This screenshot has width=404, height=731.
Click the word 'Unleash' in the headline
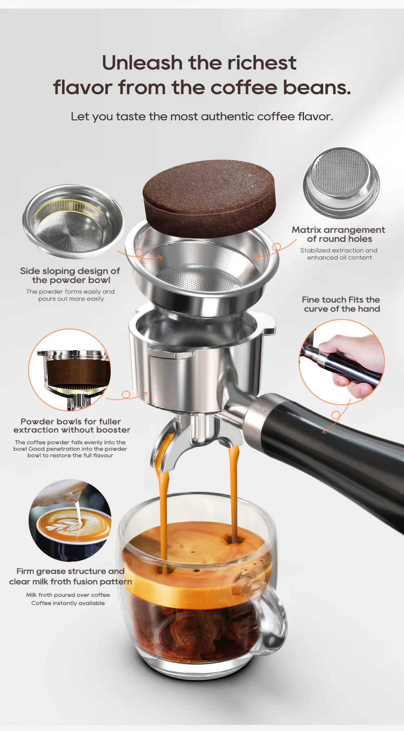click(x=142, y=63)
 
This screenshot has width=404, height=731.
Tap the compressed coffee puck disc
click(x=209, y=197)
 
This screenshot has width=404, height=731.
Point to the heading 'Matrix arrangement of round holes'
click(x=339, y=234)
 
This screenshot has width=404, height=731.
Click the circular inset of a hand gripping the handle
click(x=342, y=362)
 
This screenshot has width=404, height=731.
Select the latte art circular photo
click(x=70, y=520)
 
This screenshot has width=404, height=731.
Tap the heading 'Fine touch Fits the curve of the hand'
click(x=341, y=304)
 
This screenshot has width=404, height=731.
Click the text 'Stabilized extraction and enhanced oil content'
click(x=339, y=254)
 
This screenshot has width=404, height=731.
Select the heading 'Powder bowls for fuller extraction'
click(x=71, y=426)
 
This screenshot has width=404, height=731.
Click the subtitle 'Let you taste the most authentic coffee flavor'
click(x=202, y=117)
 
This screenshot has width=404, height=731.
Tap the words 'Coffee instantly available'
click(x=68, y=603)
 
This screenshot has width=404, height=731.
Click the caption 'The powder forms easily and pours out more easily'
click(x=71, y=295)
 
